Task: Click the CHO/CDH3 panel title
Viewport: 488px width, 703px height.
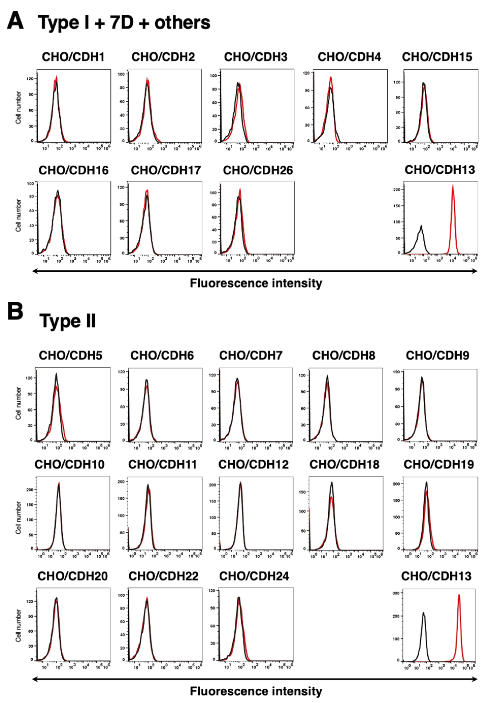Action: click(256, 57)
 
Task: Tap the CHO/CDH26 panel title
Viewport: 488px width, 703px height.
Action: click(258, 170)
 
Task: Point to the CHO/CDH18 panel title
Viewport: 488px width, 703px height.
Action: click(344, 464)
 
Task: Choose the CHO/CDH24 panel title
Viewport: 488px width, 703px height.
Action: click(254, 576)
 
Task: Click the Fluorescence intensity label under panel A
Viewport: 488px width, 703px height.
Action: click(256, 283)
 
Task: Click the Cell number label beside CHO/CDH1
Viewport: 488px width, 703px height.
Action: click(19, 107)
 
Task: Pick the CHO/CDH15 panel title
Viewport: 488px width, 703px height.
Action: click(437, 57)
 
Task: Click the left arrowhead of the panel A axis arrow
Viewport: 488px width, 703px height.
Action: click(34, 271)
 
